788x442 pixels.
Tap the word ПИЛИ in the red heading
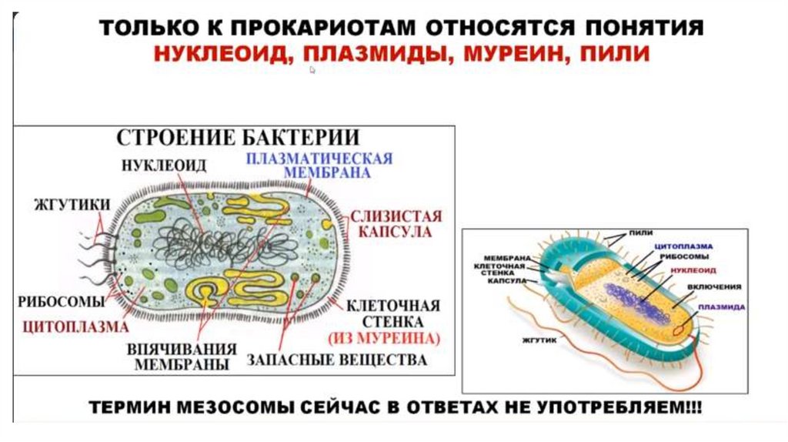(615, 54)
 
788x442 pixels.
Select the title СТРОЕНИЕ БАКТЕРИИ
(238, 139)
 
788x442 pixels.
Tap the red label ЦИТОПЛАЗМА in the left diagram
(75, 326)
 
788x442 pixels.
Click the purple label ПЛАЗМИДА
(721, 306)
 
